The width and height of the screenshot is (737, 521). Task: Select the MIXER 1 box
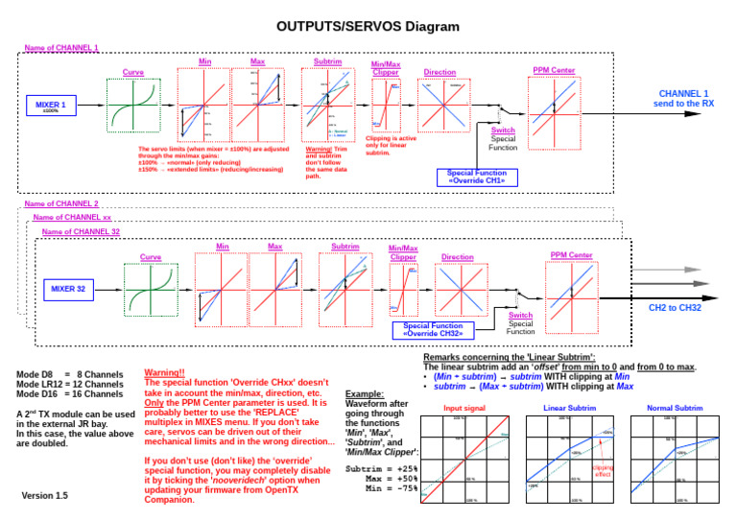coord(51,105)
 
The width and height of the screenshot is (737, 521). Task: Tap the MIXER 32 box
coord(70,287)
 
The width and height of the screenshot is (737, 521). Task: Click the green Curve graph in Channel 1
coord(133,105)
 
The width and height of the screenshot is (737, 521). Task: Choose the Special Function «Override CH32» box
coord(433,330)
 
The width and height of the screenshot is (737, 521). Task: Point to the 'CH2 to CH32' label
coord(675,307)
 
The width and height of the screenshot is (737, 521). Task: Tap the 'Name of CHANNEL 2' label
coord(60,204)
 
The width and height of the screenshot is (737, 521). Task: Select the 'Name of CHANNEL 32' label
coord(81,232)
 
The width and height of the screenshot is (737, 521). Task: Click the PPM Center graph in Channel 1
coord(554,105)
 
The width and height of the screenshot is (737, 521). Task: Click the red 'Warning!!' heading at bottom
coord(164,371)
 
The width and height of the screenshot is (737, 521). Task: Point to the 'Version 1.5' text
coord(45,496)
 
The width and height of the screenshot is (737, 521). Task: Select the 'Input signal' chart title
coord(464,409)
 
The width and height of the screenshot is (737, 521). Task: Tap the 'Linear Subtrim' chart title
coord(569,409)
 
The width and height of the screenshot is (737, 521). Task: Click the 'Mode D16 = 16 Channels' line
coord(70,394)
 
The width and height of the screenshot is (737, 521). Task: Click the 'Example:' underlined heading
coord(364,393)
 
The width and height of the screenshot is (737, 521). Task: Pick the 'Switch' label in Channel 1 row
coord(503,130)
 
